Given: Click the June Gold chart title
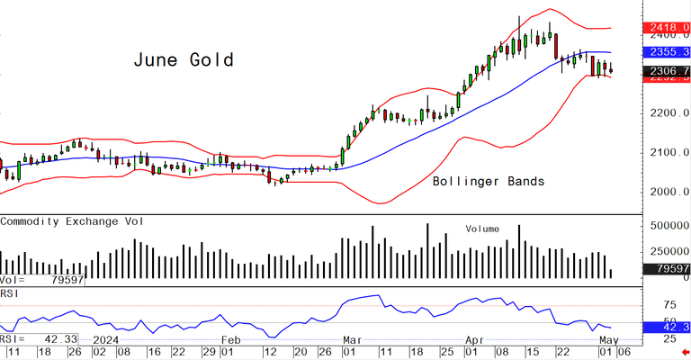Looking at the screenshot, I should pyautogui.click(x=184, y=60).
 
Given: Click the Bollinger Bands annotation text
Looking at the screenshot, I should pyautogui.click(x=489, y=181).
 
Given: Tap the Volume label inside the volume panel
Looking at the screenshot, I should pyautogui.click(x=481, y=229).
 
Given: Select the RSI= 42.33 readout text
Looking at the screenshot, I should pyautogui.click(x=40, y=338).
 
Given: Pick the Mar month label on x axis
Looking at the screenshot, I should pyautogui.click(x=352, y=339).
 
